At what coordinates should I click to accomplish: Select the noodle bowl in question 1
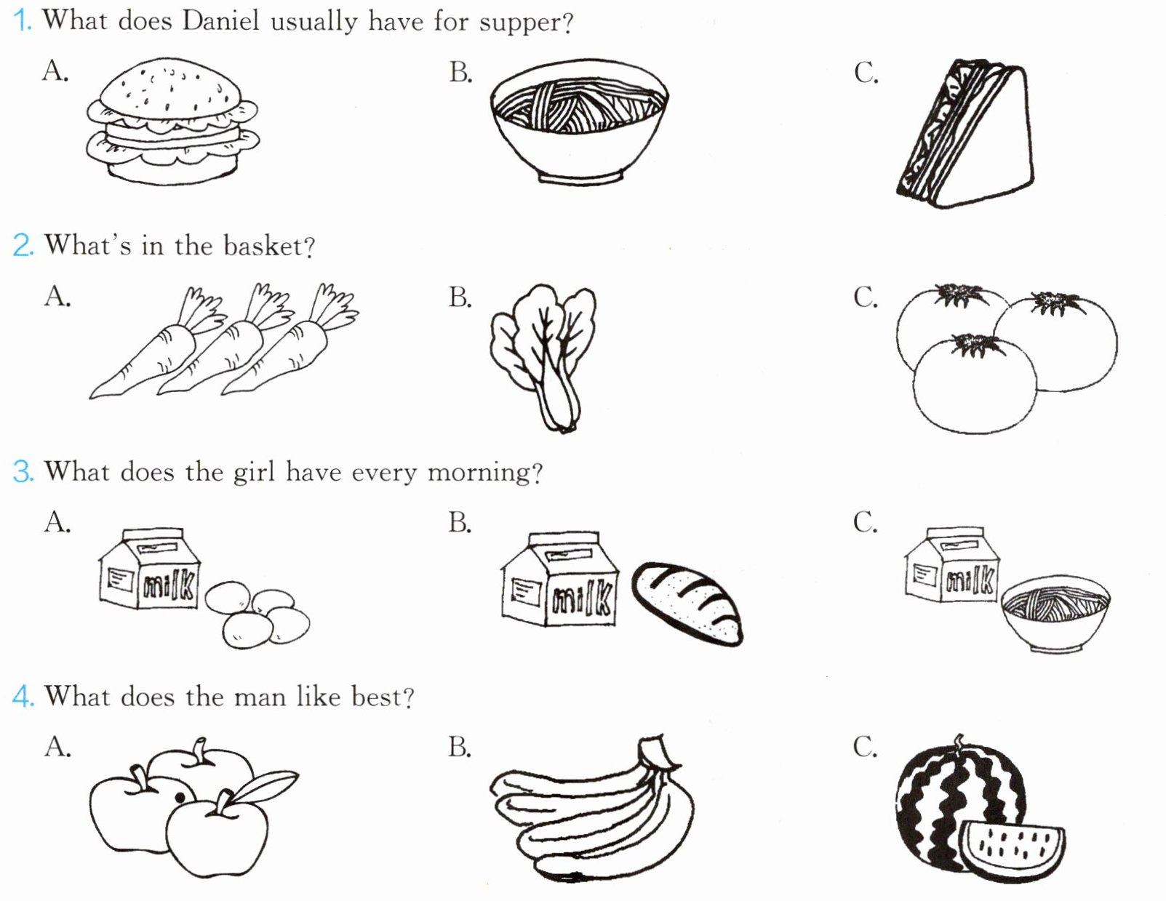579,121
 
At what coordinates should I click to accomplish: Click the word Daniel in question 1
220,22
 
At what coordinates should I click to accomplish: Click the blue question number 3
23,472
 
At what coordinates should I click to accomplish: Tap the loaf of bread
687,604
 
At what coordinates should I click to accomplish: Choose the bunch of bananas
591,811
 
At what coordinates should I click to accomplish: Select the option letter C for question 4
865,747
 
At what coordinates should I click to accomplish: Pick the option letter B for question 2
460,297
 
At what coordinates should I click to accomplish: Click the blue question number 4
23,697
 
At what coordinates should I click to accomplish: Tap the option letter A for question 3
57,522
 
